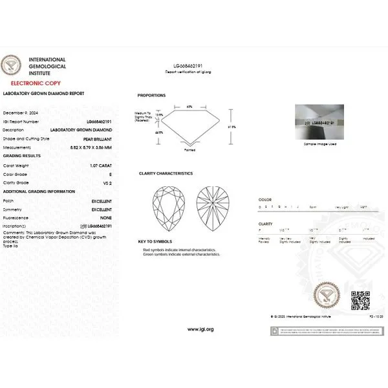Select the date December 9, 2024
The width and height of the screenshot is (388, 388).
pos(21,113)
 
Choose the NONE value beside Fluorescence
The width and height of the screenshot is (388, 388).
pos(105,218)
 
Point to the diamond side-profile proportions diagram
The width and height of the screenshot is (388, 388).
pos(189,125)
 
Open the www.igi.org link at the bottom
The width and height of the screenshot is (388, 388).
pos(200,329)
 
